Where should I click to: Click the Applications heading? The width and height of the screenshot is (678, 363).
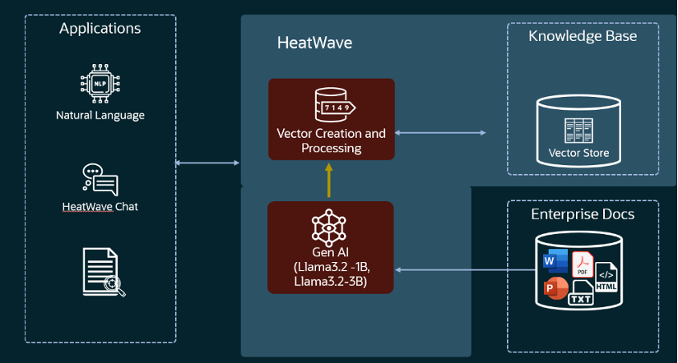coord(100,29)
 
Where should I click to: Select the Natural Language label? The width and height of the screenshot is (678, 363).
coord(100,116)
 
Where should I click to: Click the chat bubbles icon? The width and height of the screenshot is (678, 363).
coord(100,179)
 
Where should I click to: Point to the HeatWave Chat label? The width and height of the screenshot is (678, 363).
coord(100,207)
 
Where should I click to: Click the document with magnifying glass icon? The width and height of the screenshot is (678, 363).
coord(102,272)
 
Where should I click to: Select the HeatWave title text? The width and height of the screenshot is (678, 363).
coord(314,43)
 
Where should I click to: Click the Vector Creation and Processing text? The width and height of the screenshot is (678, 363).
coord(331,140)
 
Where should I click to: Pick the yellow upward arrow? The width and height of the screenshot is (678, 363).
coord(330,181)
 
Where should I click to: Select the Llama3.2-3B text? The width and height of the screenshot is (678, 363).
coord(330,282)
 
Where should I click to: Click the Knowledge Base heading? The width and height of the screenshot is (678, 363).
coord(582,36)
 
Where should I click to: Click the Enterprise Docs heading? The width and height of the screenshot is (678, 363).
coord(582,214)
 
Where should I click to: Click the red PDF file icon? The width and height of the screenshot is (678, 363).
coord(583,264)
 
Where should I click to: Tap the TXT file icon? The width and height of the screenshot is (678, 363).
coord(580,293)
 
